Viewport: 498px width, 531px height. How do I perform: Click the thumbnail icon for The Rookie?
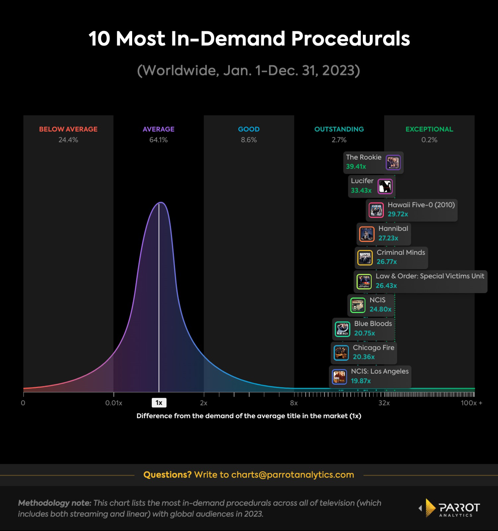tap(393, 163)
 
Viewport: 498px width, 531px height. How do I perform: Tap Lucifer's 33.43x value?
tap(361, 190)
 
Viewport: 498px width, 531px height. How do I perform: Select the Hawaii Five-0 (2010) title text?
tap(421, 205)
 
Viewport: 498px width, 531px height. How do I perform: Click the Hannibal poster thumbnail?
tap(367, 234)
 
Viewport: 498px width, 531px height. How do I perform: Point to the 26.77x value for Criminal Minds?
tap(386, 262)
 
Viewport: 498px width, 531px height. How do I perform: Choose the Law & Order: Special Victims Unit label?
tap(430, 276)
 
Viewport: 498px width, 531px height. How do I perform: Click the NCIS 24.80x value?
tap(380, 309)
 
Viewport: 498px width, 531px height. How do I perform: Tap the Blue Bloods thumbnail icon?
tap(342, 329)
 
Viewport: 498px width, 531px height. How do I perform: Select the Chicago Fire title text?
tap(373, 347)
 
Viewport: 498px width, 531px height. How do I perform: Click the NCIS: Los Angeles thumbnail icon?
tap(339, 377)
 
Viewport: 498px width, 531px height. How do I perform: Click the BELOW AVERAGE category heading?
tap(68, 129)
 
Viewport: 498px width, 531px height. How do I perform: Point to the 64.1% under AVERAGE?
tap(158, 140)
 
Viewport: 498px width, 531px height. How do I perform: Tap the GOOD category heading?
tap(249, 129)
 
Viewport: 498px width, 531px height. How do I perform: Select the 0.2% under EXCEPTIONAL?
tap(429, 140)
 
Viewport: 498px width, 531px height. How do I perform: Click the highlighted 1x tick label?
tap(159, 403)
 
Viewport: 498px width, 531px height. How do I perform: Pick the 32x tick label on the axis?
tap(384, 403)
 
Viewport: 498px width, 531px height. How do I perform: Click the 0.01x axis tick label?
tap(114, 403)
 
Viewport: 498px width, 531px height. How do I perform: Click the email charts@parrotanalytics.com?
tap(292, 475)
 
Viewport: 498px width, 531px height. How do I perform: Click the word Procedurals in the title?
tap(350, 39)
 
